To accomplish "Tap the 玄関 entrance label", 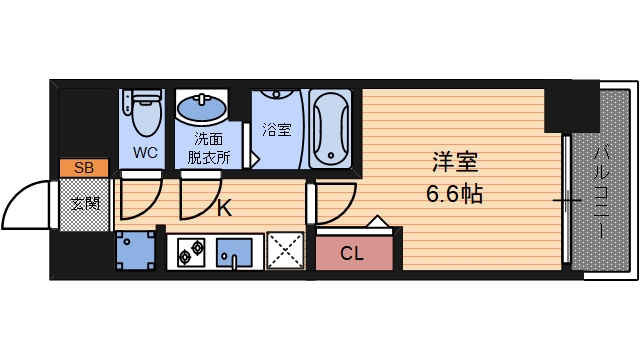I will (85, 205).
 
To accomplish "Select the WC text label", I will (144, 154).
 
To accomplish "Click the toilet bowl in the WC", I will (146, 113).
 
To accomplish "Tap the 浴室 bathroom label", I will (277, 129).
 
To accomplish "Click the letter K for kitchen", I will (225, 208).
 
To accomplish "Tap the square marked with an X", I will (286, 250).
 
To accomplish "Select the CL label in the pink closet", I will (352, 253).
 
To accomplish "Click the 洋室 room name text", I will (453, 161).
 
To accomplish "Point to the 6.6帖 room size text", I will (454, 194).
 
